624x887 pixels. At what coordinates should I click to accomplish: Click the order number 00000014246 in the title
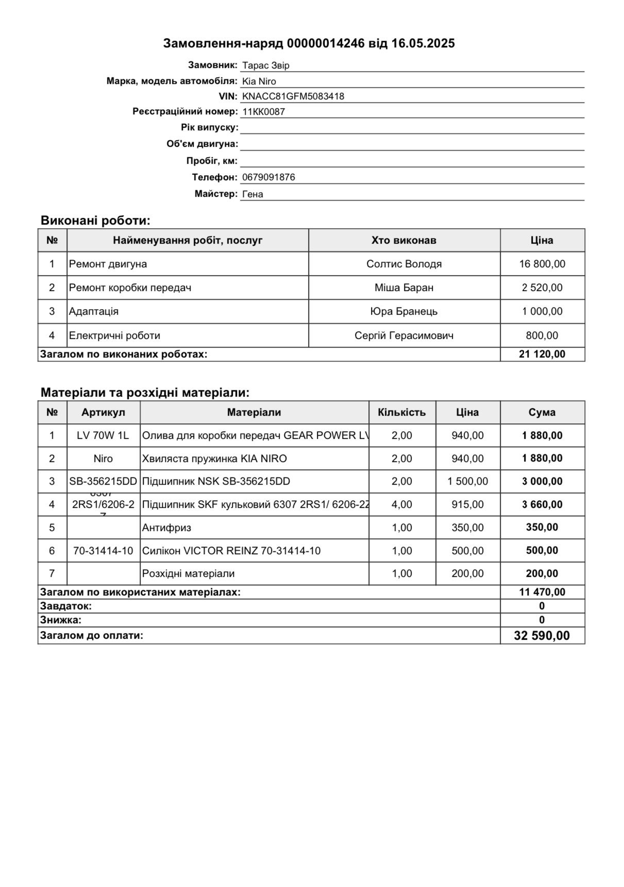[325, 43]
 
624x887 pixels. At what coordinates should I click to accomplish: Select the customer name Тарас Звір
[266, 65]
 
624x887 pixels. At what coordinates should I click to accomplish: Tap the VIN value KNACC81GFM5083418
[293, 96]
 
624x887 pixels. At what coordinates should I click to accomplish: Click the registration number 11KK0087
[263, 112]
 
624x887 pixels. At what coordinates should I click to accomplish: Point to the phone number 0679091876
[268, 177]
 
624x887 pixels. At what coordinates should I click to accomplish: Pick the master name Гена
[252, 194]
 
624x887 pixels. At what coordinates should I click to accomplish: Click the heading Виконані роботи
[95, 220]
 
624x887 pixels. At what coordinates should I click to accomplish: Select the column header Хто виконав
[404, 240]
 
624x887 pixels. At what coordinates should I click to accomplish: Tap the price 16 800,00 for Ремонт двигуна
[542, 264]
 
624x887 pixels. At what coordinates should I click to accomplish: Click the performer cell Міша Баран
[404, 287]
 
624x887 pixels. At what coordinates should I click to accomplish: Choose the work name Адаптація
[94, 311]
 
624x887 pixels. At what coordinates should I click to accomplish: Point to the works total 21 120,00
[542, 354]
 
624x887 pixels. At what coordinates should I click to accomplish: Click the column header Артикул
[103, 412]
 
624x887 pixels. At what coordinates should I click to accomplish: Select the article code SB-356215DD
[103, 481]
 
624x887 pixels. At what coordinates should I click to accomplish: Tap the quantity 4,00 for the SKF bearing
[402, 504]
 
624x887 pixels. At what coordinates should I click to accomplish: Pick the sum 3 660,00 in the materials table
[542, 504]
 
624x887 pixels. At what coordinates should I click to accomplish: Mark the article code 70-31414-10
[103, 551]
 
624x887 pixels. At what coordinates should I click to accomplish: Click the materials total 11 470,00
[542, 592]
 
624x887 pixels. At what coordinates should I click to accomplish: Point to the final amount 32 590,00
[542, 636]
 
